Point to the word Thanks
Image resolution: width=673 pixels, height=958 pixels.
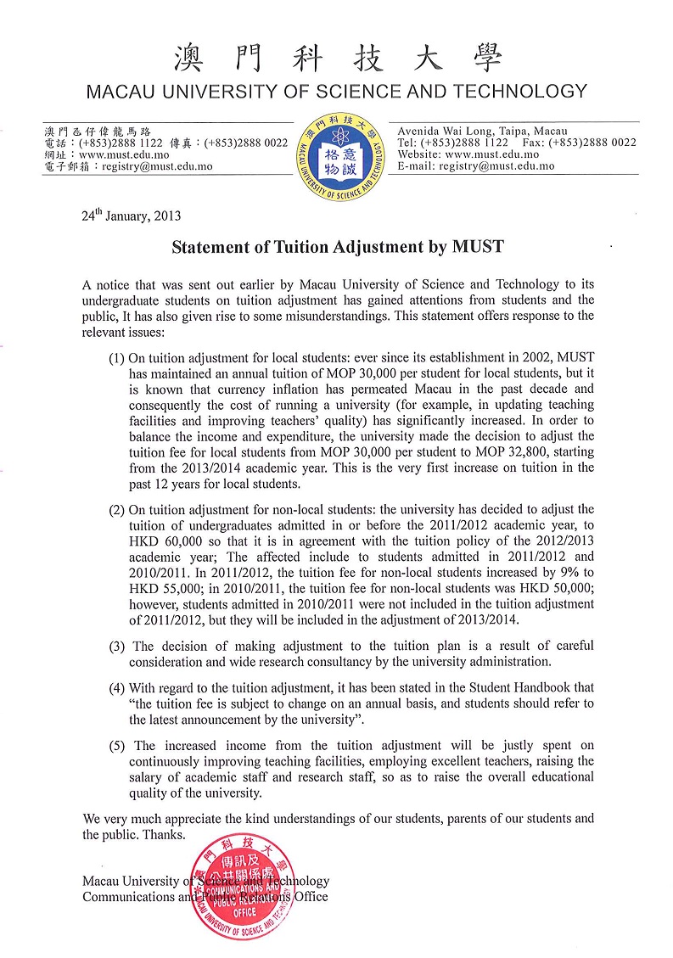166,835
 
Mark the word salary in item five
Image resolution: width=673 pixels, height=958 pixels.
149,778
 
